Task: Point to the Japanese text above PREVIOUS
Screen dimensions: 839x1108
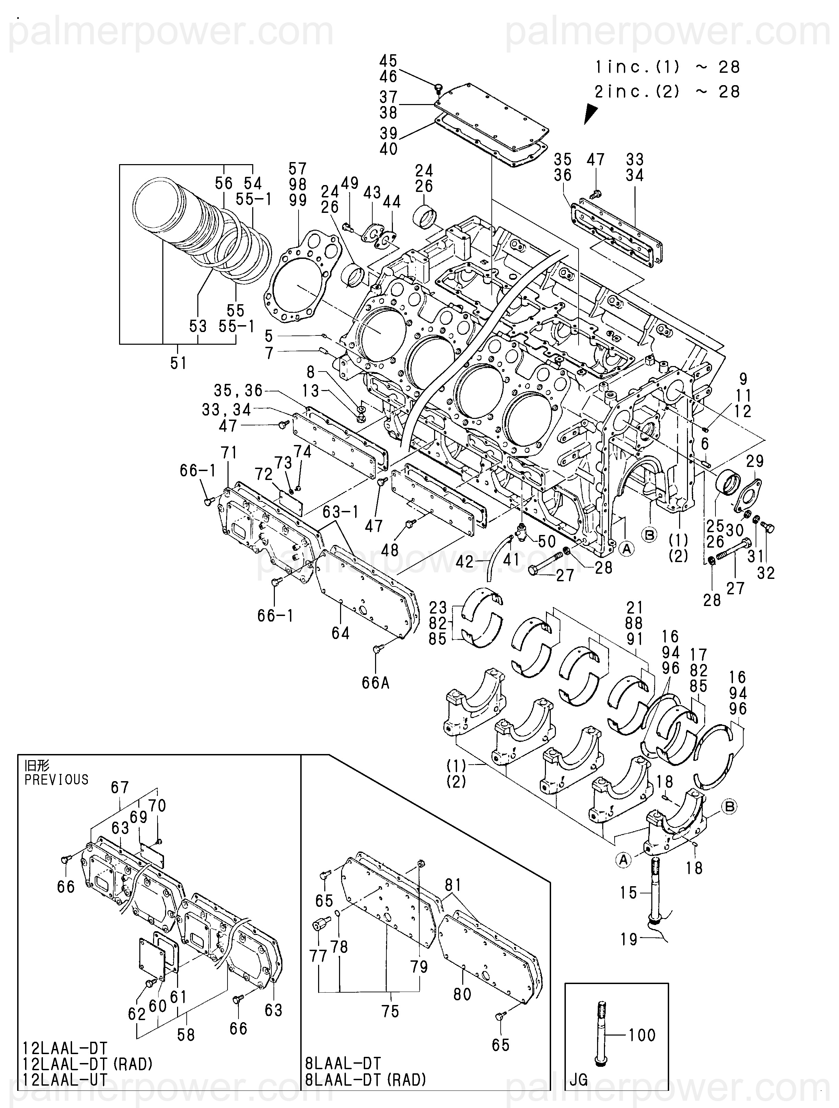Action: (37, 765)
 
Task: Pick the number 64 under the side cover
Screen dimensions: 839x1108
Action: (340, 633)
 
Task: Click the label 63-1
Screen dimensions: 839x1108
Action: (340, 512)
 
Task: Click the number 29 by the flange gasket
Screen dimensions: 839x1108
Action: (755, 460)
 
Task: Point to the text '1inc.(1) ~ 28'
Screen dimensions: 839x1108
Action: (667, 67)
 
